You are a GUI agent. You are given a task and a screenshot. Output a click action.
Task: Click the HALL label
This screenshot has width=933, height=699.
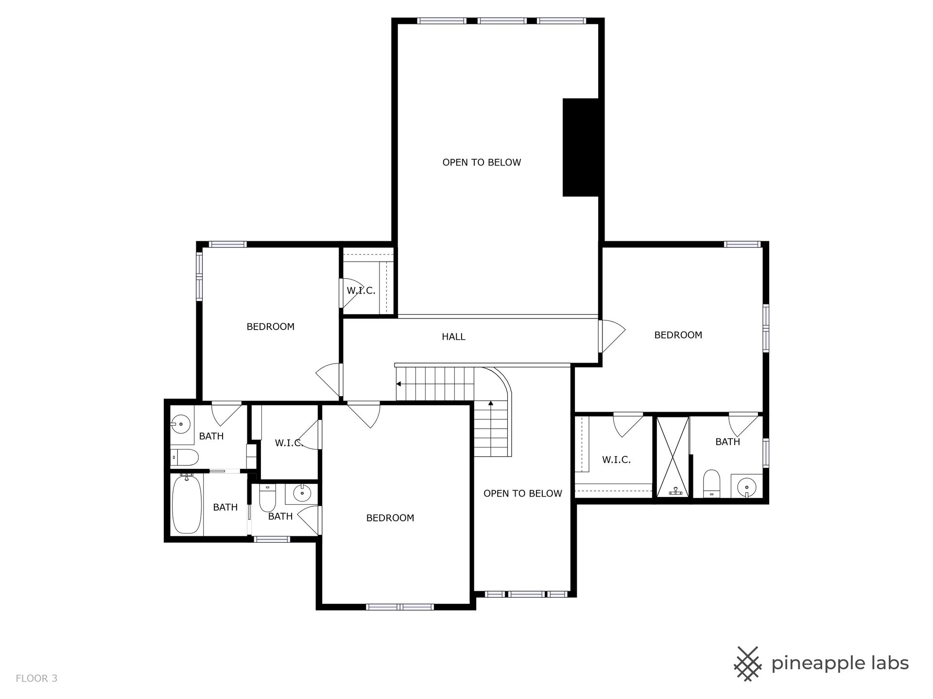pyautogui.click(x=453, y=336)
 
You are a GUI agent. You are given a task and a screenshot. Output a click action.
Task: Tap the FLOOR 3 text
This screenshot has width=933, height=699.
pyautogui.click(x=36, y=678)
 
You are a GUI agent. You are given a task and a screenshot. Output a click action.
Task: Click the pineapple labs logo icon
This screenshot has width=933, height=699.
pyautogui.click(x=749, y=664)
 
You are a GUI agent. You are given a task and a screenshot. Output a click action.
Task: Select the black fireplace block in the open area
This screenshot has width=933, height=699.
pyautogui.click(x=580, y=148)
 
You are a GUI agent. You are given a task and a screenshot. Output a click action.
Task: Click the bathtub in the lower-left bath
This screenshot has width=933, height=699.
pyautogui.click(x=187, y=503)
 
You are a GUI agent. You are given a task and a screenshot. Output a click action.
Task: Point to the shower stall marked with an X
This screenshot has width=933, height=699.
pyautogui.click(x=673, y=457)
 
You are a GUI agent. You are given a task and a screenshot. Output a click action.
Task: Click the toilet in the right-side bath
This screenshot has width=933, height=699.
pyautogui.click(x=711, y=483)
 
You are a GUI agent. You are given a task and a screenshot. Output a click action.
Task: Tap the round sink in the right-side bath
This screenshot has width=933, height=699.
pyautogui.click(x=746, y=486)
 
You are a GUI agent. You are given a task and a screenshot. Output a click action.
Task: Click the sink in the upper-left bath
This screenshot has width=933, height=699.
pyautogui.click(x=181, y=424)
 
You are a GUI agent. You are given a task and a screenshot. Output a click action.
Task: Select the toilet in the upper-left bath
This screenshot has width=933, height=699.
pyautogui.click(x=185, y=457)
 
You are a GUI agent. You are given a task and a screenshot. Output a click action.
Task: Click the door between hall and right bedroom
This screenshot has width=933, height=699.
pyautogui.click(x=612, y=336)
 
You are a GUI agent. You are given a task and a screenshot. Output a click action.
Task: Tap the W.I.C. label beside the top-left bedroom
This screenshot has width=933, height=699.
pyautogui.click(x=361, y=291)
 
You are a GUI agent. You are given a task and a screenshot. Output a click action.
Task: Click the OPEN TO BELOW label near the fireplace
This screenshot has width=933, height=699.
pyautogui.click(x=482, y=163)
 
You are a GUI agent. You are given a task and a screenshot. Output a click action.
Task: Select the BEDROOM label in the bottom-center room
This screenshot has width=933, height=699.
pyautogui.click(x=390, y=518)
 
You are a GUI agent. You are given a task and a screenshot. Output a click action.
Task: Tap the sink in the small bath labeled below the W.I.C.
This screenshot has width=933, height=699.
pyautogui.click(x=302, y=493)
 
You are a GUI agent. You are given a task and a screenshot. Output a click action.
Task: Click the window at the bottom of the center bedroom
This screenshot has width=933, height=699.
pyautogui.click(x=400, y=607)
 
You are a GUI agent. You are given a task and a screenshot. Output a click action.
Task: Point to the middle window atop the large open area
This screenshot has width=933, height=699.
pyautogui.click(x=502, y=21)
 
